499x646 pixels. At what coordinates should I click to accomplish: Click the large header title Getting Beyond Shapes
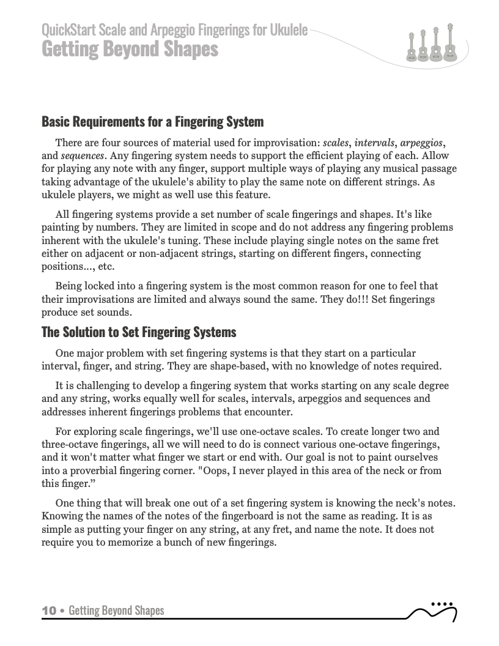130,48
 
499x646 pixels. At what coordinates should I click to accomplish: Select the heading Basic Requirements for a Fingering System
152,122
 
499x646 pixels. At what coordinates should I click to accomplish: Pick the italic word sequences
85,155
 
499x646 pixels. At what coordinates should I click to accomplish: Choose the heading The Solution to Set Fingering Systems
138,333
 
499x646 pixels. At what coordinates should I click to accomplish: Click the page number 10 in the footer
49,611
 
